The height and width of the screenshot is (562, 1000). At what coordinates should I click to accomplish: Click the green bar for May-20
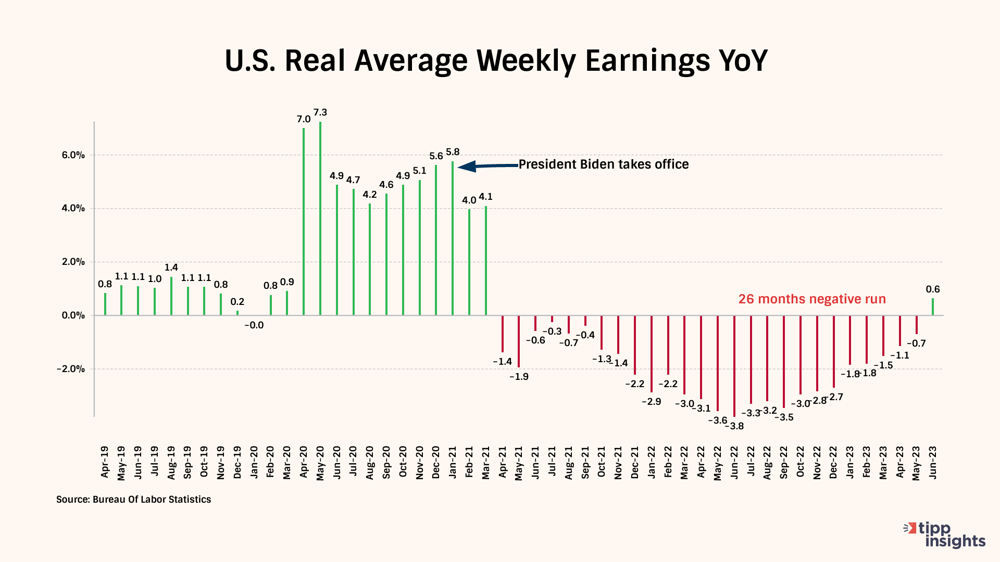[320, 219]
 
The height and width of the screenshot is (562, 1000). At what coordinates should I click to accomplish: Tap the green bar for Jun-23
[933, 306]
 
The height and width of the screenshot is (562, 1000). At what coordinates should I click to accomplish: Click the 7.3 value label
[320, 112]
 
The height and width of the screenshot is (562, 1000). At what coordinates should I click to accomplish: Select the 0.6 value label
[933, 289]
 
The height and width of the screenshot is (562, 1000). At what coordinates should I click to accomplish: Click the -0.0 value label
[254, 325]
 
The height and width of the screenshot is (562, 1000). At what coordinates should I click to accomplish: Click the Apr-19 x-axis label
[105, 462]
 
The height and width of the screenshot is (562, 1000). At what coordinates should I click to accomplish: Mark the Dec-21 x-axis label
[635, 462]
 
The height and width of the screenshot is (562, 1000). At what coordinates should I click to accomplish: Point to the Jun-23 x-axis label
[933, 462]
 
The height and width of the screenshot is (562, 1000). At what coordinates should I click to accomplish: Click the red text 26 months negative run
[812, 299]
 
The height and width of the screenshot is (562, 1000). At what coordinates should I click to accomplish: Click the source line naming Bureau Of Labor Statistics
[134, 500]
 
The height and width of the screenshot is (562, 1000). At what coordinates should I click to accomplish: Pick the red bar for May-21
[519, 341]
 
